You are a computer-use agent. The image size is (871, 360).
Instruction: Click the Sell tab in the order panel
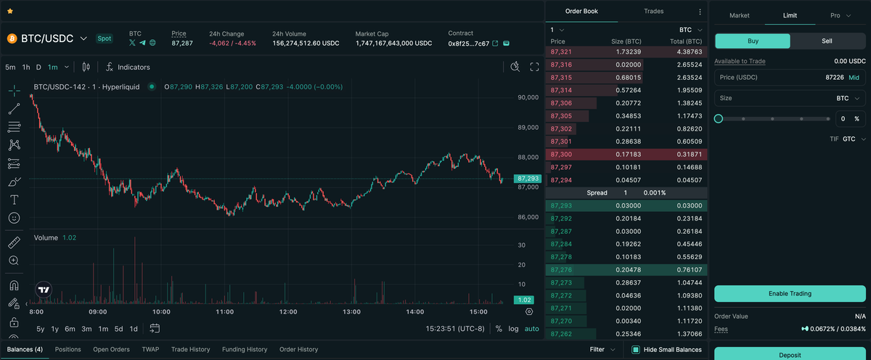tap(827, 41)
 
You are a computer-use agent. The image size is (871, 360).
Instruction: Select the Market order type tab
tap(739, 15)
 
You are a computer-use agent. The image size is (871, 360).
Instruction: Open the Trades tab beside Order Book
tap(653, 11)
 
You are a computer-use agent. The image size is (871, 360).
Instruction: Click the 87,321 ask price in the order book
tap(561, 52)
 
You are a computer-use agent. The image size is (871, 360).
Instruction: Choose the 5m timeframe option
tap(10, 67)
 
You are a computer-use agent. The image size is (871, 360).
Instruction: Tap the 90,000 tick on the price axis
tap(528, 97)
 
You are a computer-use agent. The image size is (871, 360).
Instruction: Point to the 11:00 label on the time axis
tap(224, 311)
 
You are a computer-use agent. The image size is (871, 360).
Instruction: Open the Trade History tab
tap(190, 349)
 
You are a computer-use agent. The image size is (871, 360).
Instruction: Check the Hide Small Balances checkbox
tap(636, 350)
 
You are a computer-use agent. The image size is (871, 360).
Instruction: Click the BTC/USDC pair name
tap(47, 38)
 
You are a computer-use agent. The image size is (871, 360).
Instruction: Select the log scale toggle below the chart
tap(513, 329)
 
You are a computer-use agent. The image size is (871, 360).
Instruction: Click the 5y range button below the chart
tap(41, 329)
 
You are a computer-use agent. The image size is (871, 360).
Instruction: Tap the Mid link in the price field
tap(854, 77)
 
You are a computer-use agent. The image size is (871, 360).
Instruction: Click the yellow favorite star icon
tap(10, 12)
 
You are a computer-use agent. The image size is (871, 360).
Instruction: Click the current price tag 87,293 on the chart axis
tap(527, 179)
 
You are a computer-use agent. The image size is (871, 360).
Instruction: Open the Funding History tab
tap(245, 349)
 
